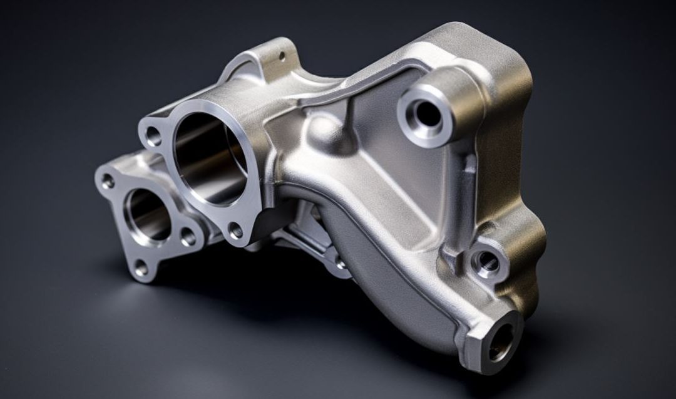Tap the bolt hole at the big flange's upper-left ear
(152, 135)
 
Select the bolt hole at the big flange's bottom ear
(235, 231)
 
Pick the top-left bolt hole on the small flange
(108, 182)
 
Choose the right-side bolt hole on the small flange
(188, 237)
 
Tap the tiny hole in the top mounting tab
(281, 56)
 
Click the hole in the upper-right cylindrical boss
(428, 114)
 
